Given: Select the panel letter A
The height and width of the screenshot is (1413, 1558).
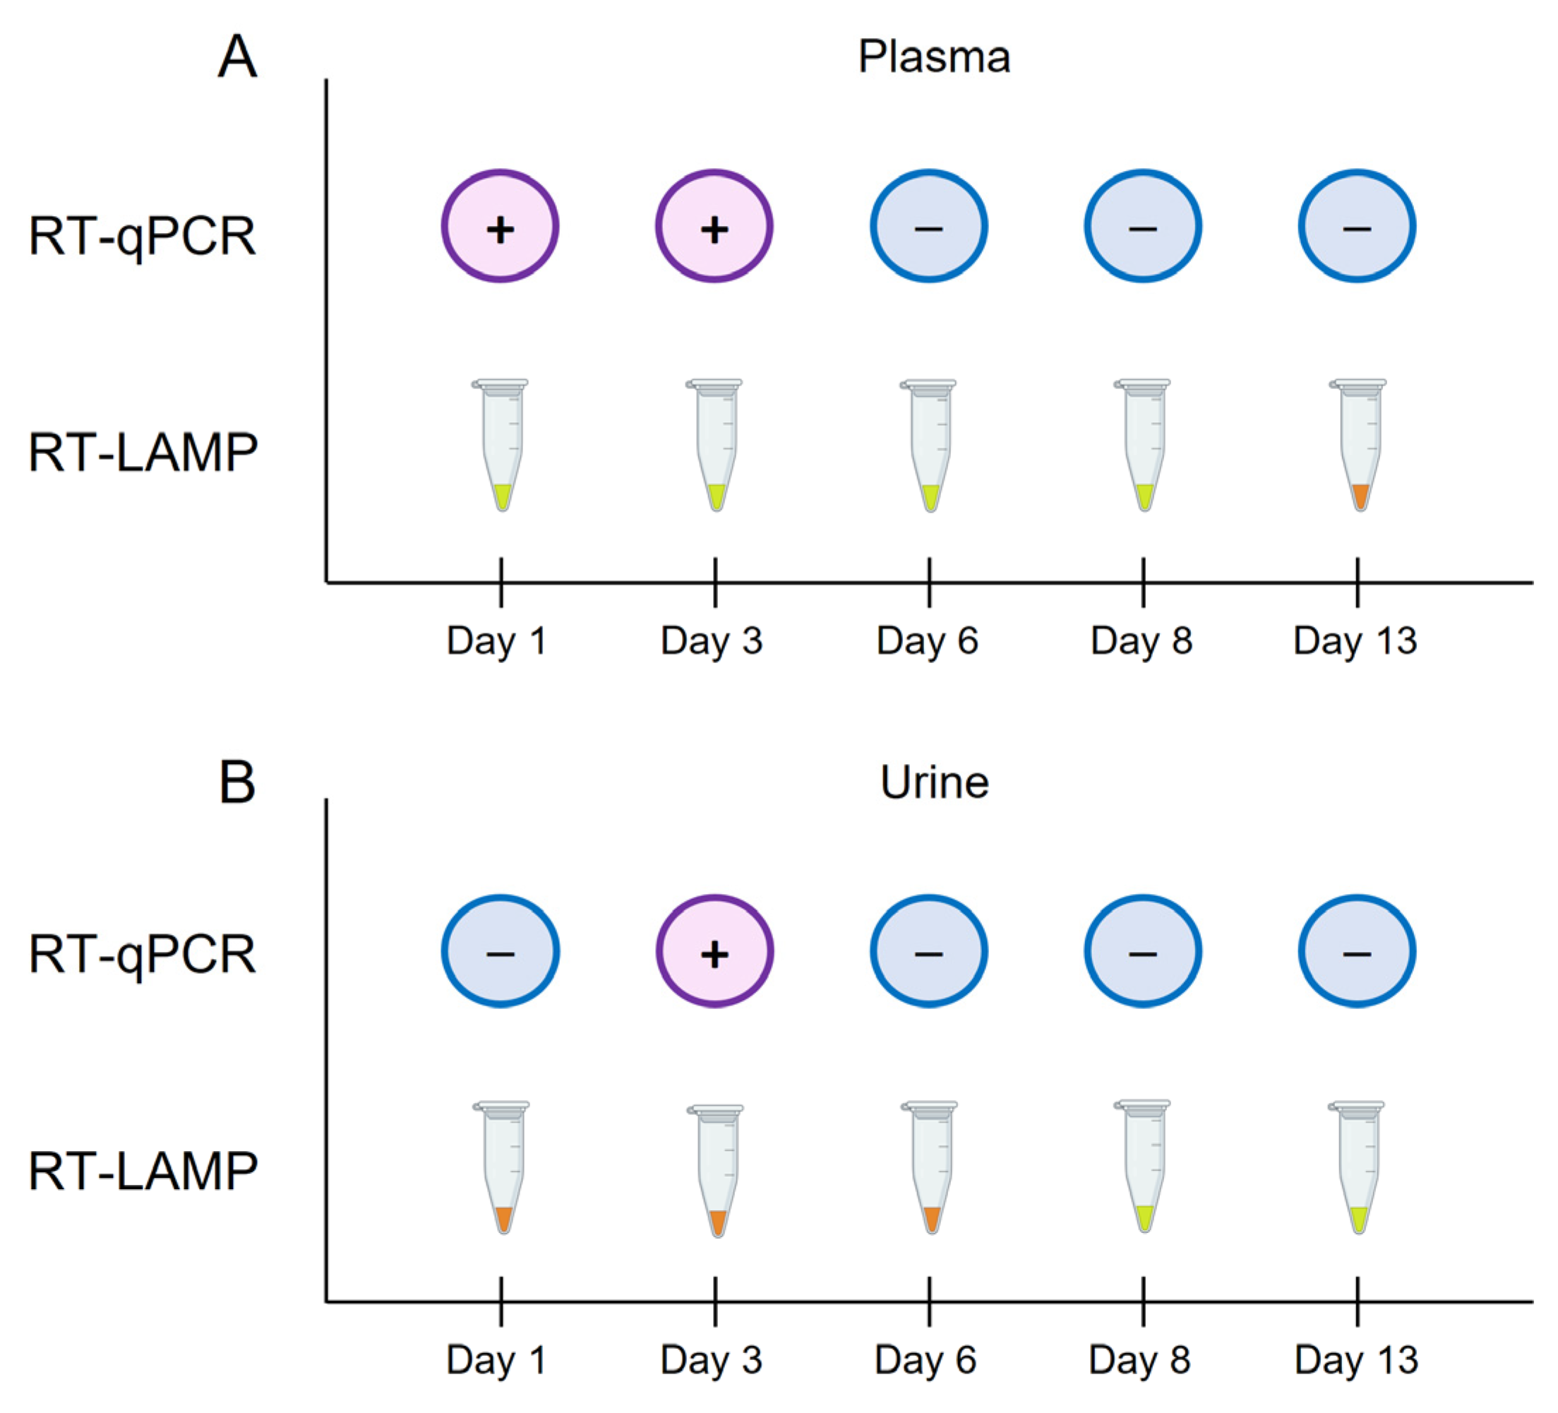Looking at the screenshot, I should pyautogui.click(x=236, y=57).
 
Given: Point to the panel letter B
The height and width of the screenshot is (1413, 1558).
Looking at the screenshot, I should pyautogui.click(x=236, y=782).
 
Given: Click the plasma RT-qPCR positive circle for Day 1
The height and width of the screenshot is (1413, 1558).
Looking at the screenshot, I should pyautogui.click(x=500, y=227).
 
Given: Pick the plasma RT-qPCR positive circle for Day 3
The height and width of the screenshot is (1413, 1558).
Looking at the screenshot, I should pyautogui.click(x=714, y=227).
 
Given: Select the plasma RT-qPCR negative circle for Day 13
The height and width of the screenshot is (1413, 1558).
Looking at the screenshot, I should pyautogui.click(x=1356, y=227).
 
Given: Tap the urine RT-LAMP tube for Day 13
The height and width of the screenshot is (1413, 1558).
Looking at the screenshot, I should pyautogui.click(x=1358, y=1167).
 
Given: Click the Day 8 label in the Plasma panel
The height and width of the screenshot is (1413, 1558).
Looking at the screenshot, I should pyautogui.click(x=1141, y=640).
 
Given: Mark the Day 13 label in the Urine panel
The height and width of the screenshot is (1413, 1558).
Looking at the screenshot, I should pyautogui.click(x=1356, y=1359).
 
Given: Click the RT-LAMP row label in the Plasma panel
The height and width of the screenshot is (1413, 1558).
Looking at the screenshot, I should pyautogui.click(x=143, y=452).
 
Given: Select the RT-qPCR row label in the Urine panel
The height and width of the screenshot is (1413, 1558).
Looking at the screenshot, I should pyautogui.click(x=142, y=955).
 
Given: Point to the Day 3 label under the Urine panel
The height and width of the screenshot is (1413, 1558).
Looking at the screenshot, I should pyautogui.click(x=712, y=1359).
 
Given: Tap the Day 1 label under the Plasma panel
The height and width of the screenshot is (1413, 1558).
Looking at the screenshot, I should pyautogui.click(x=497, y=640).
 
